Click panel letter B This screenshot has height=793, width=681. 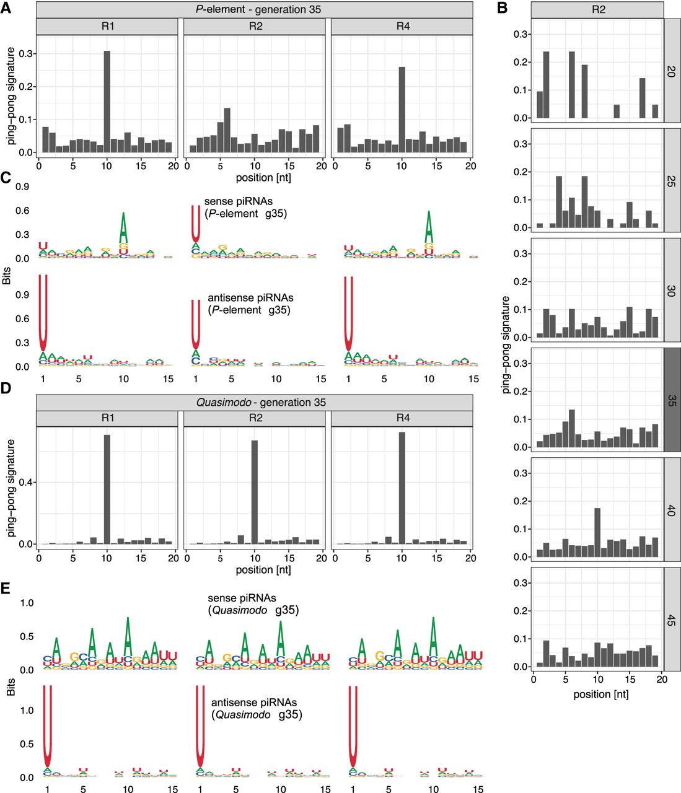[503, 8]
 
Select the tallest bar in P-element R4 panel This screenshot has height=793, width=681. [402, 109]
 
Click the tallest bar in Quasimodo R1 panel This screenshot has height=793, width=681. [107, 489]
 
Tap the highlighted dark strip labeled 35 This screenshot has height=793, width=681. [672, 400]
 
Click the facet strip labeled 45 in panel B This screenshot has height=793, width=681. [672, 620]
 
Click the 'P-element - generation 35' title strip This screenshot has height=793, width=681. [255, 9]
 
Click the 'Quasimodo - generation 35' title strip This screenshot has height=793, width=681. [255, 402]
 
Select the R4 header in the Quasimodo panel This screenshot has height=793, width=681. [402, 418]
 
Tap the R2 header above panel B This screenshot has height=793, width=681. [597, 9]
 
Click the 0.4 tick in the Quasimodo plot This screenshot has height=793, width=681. [29, 483]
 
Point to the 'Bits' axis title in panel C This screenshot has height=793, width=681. [7, 275]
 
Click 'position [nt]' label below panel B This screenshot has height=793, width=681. [600, 694]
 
